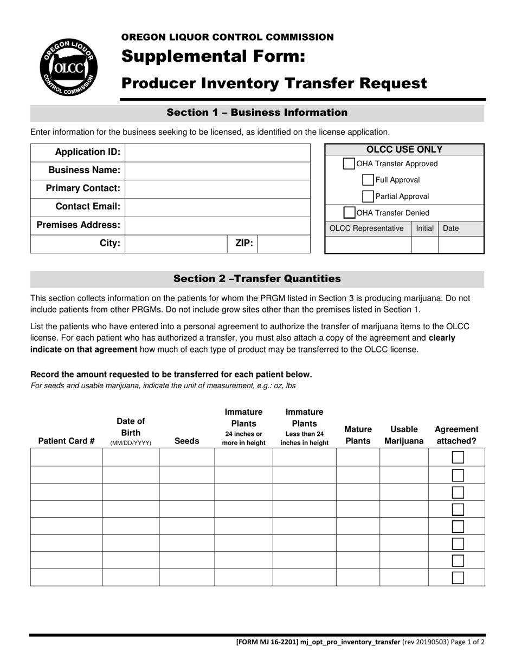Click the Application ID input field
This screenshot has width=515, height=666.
coord(217,152)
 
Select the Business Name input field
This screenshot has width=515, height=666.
coord(217,171)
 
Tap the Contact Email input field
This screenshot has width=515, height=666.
coord(217,207)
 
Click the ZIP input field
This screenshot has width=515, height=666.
coord(283,244)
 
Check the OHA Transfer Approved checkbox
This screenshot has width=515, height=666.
coord(349,164)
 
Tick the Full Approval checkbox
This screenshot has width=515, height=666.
coord(368,180)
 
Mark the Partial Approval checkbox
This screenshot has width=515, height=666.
coord(368,197)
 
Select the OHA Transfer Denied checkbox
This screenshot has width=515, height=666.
coord(350,213)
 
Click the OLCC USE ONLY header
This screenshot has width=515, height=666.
coord(404,149)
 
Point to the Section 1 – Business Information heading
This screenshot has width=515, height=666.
coord(257,113)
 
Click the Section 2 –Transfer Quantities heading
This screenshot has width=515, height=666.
coord(257,279)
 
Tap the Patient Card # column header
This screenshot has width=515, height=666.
coord(66,441)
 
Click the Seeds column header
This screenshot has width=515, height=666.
coord(186,441)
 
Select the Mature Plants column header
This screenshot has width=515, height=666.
coord(358,435)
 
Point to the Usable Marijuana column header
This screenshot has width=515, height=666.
coord(404,435)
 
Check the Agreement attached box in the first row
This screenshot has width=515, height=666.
coord(458,458)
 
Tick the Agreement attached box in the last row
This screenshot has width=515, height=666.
coord(458,578)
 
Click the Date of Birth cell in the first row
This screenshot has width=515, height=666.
coord(131,458)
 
